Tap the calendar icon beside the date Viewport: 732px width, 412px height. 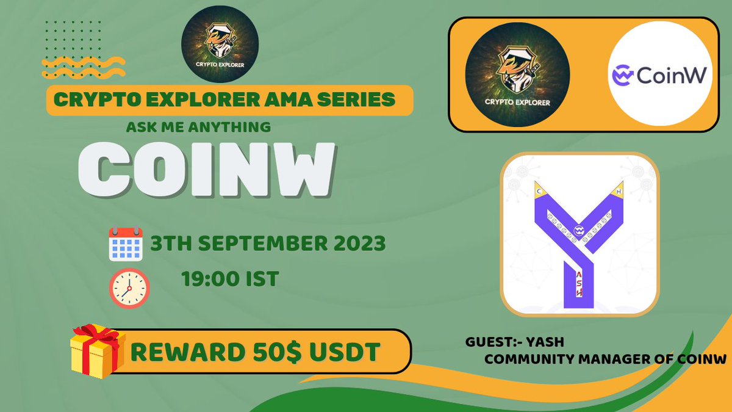[125, 244]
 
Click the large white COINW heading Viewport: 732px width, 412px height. [207, 170]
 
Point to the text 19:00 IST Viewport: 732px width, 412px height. [230, 278]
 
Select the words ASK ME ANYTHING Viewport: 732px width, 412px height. [198, 128]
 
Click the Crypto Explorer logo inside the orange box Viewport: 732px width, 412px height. [517, 76]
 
